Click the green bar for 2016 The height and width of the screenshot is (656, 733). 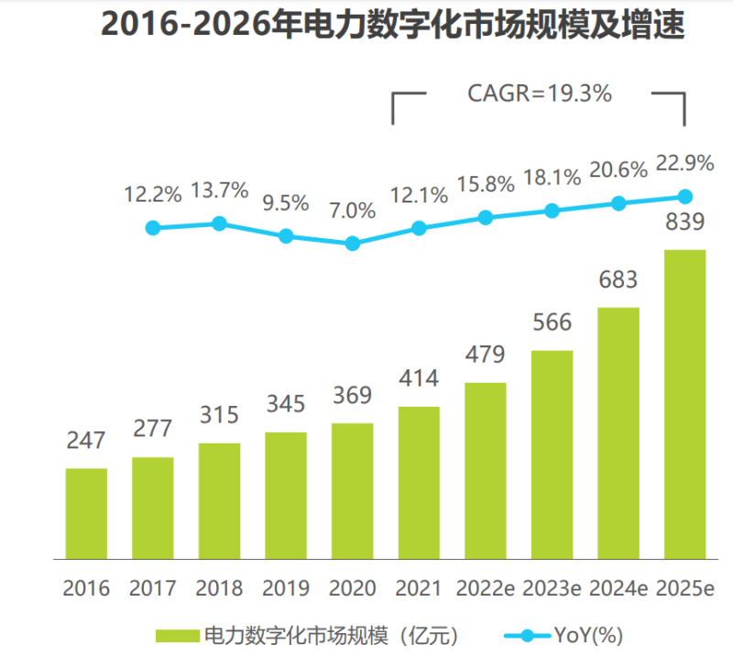click(x=86, y=513)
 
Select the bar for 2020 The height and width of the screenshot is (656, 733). click(x=353, y=490)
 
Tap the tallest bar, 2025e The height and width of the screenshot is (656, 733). click(x=685, y=403)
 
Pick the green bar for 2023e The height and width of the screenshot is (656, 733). click(x=552, y=454)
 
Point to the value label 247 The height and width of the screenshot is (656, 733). click(x=86, y=441)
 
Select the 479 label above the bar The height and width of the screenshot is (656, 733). click(x=486, y=355)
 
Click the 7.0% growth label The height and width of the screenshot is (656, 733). click(x=353, y=211)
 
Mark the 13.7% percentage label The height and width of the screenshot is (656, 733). click(x=220, y=191)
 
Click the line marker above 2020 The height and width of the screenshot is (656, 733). click(x=353, y=244)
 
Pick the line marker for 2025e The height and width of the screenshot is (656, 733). click(x=685, y=196)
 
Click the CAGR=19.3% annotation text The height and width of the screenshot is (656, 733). click(x=540, y=93)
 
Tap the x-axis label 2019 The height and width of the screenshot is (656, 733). click(x=286, y=587)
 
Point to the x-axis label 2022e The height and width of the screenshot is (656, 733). click(x=486, y=587)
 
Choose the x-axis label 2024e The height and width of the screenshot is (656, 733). click(x=618, y=587)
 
